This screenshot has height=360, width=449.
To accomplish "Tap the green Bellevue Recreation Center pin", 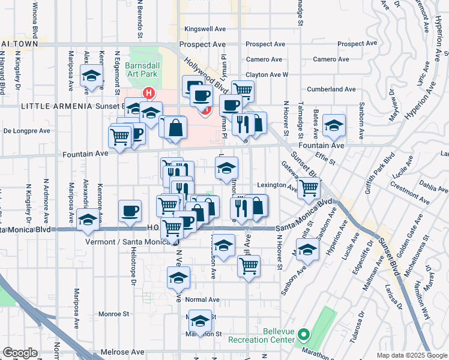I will [304, 334].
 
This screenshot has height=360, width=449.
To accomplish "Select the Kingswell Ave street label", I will [205, 29].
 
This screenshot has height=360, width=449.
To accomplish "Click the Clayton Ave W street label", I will [267, 74].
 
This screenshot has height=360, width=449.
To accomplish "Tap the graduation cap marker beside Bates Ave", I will [334, 125].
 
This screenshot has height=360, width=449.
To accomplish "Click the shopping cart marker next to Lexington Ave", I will [309, 188].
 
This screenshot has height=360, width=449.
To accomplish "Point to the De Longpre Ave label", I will [25, 130].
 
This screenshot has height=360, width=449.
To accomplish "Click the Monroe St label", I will [113, 313].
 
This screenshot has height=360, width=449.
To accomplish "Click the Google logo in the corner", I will [20, 353].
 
